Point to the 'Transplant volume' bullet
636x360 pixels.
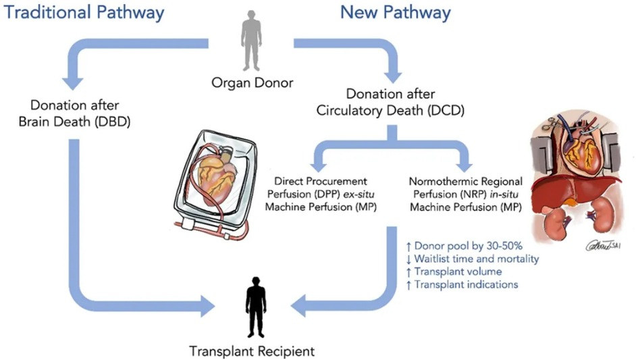click(459, 272)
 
